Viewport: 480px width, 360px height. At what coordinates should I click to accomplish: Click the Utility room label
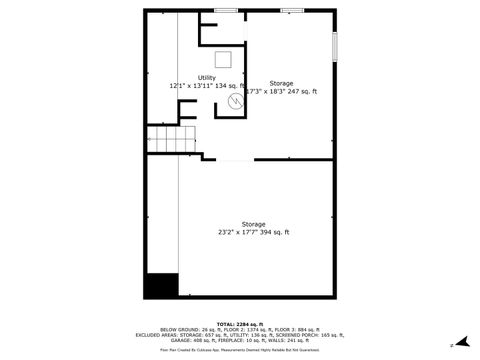pyautogui.click(x=206, y=77)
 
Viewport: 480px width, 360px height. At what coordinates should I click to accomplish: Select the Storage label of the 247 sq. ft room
pyautogui.click(x=281, y=83)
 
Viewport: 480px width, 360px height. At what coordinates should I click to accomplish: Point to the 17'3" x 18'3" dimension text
pyautogui.click(x=266, y=91)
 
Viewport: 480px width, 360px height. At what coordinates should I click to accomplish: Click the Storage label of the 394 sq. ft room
pyautogui.click(x=253, y=224)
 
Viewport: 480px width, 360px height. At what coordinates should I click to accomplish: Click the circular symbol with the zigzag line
pyautogui.click(x=236, y=100)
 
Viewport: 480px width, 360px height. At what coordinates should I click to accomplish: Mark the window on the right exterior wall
pyautogui.click(x=335, y=46)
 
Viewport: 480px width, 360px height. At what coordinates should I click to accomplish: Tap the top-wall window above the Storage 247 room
pyautogui.click(x=292, y=10)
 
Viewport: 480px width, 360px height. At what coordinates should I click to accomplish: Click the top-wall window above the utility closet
pyautogui.click(x=226, y=10)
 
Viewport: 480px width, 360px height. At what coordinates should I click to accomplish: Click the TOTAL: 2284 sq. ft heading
pyautogui.click(x=240, y=324)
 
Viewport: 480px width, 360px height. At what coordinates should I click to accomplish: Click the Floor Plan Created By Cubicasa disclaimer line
pyautogui.click(x=240, y=350)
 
